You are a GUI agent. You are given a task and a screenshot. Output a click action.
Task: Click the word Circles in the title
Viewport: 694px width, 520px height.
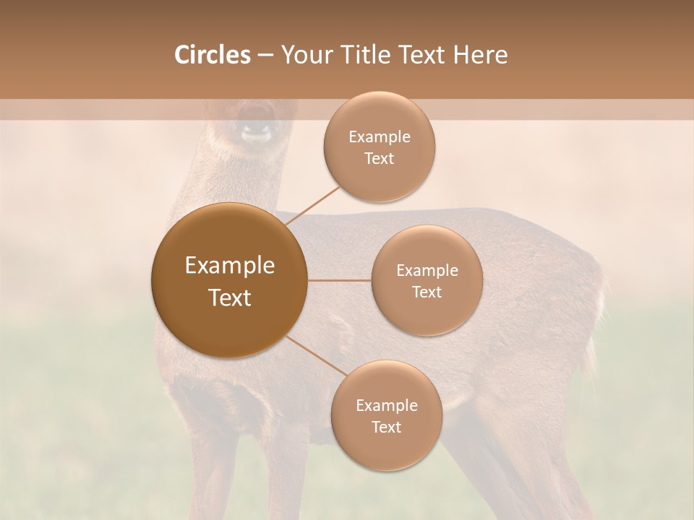[212, 55]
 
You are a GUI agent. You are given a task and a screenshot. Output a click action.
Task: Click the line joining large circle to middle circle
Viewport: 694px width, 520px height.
[340, 280]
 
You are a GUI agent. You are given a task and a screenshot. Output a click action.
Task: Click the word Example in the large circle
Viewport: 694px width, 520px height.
[230, 266]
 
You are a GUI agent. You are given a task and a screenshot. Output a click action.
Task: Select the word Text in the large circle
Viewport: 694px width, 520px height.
[230, 298]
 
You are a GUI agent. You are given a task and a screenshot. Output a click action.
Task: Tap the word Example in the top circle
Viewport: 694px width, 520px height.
[380, 137]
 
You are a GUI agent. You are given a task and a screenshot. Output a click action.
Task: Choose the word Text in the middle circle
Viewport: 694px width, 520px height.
[427, 292]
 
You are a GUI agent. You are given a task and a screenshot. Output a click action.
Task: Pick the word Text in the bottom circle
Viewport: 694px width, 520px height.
[386, 427]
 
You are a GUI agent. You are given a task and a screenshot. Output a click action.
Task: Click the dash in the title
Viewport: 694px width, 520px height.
[265, 56]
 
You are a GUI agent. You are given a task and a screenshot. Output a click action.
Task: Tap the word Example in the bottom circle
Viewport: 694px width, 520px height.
[386, 405]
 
